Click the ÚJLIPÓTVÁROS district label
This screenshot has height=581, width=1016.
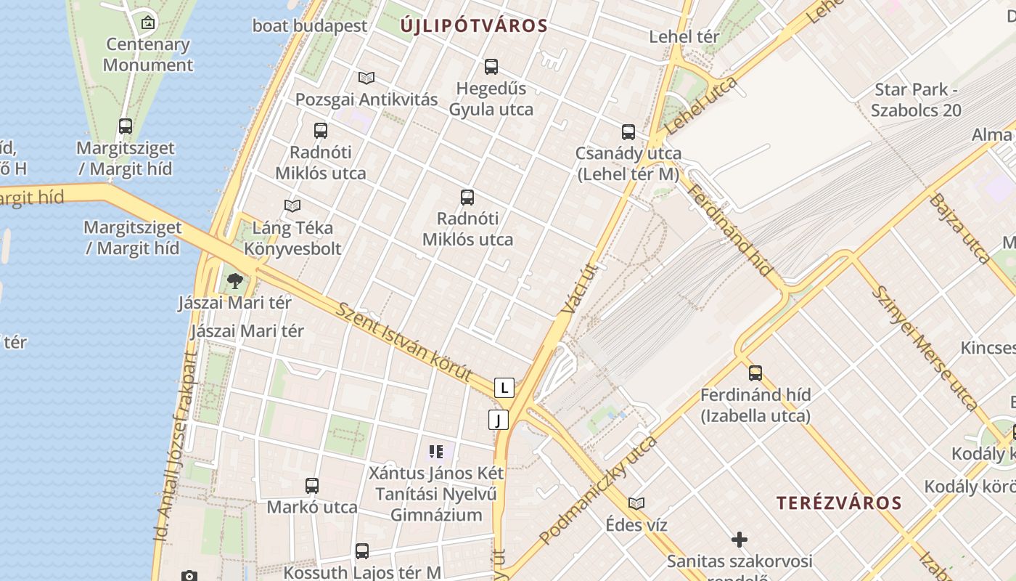(x=474, y=26)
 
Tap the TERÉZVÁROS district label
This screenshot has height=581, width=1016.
(x=839, y=503)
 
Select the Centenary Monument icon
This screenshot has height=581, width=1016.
(x=148, y=23)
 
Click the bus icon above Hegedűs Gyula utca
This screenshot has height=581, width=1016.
(x=491, y=67)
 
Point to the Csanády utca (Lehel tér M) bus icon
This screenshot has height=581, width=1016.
(x=628, y=132)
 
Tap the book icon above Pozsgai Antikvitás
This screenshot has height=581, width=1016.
(x=366, y=78)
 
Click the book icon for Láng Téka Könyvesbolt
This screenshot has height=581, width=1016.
(x=292, y=206)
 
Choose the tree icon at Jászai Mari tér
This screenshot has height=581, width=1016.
(x=234, y=281)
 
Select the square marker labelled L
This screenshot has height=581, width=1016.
(x=504, y=387)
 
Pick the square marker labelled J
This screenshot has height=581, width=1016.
(x=499, y=419)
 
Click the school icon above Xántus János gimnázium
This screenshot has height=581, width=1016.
(x=435, y=452)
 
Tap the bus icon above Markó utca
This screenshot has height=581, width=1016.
(x=312, y=486)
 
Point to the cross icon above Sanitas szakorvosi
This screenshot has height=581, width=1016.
(x=740, y=540)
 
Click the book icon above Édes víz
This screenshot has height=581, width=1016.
(x=636, y=503)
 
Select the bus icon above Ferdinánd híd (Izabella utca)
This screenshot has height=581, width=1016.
(x=755, y=373)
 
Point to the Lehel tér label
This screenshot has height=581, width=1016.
(x=684, y=36)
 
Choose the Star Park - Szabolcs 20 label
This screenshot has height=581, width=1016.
(x=916, y=100)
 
